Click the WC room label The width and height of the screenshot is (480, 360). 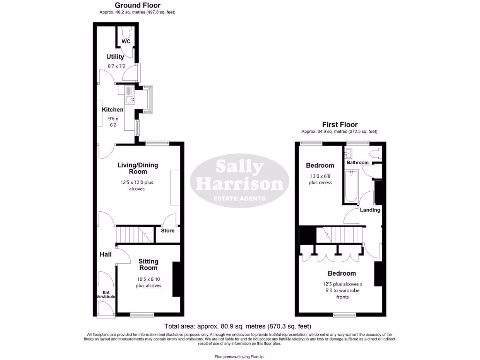126,42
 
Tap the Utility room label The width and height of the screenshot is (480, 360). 115,57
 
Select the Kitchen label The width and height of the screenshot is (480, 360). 113,110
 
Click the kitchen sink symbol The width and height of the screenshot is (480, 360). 129,99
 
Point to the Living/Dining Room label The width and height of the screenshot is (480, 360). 138,168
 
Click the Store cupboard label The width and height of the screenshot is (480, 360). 167,231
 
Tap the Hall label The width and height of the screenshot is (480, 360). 105,255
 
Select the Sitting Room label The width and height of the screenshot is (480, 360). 148,264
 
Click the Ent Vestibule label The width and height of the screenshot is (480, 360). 106,295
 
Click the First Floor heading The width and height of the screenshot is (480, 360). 339,124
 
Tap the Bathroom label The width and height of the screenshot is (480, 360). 358,163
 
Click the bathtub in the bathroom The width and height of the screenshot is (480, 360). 350,186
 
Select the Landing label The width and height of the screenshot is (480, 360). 370,210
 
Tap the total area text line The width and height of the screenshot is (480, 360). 238,326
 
